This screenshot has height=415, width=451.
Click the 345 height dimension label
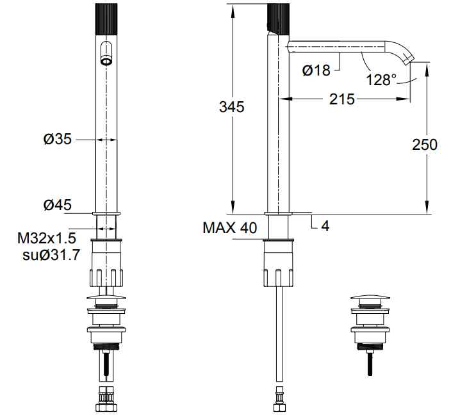[x=231, y=107]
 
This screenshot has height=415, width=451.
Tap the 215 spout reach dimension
[x=341, y=99]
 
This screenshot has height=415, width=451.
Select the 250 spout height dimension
[x=425, y=144]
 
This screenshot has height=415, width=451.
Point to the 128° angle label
[x=381, y=79]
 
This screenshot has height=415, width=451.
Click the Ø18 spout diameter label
[x=316, y=70]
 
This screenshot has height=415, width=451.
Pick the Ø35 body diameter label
[x=57, y=139]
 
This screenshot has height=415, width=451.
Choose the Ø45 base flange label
[x=57, y=205]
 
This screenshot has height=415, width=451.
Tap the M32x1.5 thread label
[x=47, y=238]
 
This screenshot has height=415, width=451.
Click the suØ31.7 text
[x=51, y=255]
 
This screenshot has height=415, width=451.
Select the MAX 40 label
[x=229, y=228]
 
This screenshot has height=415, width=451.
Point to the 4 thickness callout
[x=325, y=226]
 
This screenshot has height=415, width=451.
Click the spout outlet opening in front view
[x=106, y=61]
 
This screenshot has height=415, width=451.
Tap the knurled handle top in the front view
[x=106, y=20]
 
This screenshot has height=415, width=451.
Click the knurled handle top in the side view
[x=278, y=19]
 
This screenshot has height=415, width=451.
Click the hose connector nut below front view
[x=106, y=399]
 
